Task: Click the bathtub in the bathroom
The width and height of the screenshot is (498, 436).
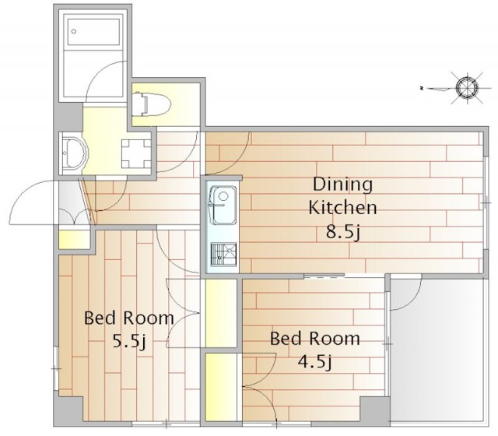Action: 94,31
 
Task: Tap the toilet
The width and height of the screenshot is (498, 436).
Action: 152,104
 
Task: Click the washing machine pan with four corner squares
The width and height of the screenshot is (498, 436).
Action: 136,153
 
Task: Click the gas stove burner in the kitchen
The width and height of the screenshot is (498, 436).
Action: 224,254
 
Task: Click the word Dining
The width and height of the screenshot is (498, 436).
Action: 342,185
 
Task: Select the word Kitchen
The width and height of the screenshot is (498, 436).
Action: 342,208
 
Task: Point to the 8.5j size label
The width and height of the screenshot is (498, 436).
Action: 342,232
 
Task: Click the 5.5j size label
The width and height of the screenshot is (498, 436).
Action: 129,342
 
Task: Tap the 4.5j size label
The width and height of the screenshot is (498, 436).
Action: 314,361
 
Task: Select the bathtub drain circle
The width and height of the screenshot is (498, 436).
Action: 74,31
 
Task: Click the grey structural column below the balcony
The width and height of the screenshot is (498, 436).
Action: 374,410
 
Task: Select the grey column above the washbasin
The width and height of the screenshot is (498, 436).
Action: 70,117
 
